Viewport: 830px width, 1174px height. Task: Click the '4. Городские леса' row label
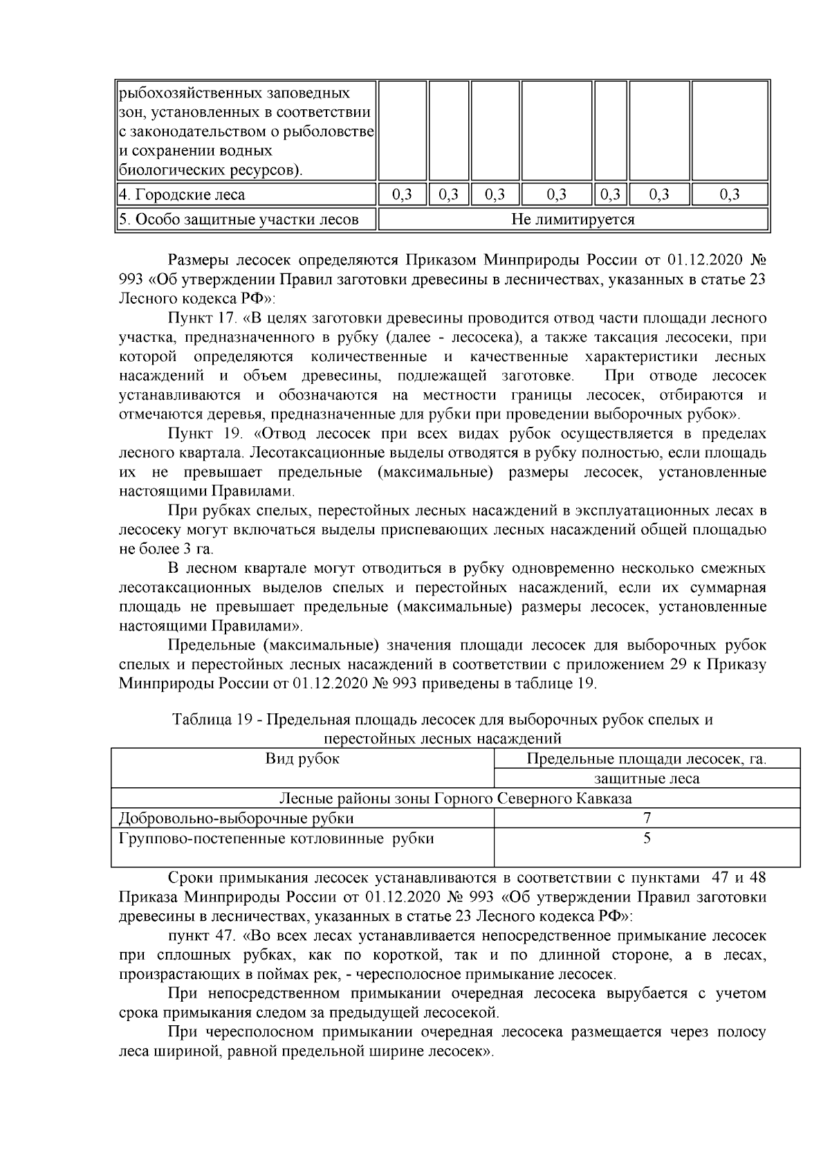click(182, 195)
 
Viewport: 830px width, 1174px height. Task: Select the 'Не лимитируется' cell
click(573, 220)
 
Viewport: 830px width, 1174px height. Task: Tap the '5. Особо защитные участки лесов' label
click(239, 220)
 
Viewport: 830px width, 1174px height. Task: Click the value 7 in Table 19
click(647, 818)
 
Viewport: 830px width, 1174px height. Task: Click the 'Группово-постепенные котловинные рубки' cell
click(277, 839)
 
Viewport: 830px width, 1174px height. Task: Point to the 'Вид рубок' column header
click(302, 759)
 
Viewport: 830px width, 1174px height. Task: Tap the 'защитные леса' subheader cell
click(647, 779)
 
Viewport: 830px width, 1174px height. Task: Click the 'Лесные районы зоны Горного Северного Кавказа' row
click(455, 799)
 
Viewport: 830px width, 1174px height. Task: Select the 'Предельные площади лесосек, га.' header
click(647, 759)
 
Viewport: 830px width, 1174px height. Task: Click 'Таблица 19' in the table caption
click(210, 719)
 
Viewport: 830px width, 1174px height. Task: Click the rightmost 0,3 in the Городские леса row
click(729, 195)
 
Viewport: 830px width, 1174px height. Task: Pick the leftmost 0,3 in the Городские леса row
click(402, 195)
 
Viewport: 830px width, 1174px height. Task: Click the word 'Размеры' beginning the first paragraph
click(196, 260)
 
